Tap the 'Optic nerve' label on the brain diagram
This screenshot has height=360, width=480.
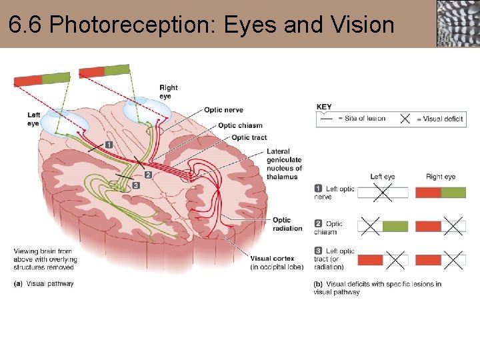(x=223, y=110)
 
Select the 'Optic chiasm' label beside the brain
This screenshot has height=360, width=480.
(x=240, y=125)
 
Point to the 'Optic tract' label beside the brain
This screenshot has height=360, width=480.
(x=249, y=138)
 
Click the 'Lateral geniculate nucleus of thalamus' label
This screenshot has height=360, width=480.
(x=284, y=164)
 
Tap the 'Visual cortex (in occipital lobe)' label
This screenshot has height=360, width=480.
(x=277, y=263)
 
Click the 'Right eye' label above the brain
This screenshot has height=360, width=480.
(x=169, y=91)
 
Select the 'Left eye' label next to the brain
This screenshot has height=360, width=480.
(x=34, y=119)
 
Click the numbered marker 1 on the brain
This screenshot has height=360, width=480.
(x=109, y=145)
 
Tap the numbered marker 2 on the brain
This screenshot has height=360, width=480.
(x=148, y=175)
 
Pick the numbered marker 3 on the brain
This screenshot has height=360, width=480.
(x=135, y=185)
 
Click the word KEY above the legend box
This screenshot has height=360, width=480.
(x=324, y=107)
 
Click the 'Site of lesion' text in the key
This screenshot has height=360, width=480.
(x=365, y=119)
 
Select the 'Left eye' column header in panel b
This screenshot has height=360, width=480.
(x=383, y=177)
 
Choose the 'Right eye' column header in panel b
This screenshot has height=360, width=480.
(x=441, y=177)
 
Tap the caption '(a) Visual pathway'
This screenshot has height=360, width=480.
(x=44, y=284)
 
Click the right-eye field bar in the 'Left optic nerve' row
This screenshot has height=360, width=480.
(x=441, y=193)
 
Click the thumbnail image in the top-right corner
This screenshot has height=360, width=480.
(x=458, y=23)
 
